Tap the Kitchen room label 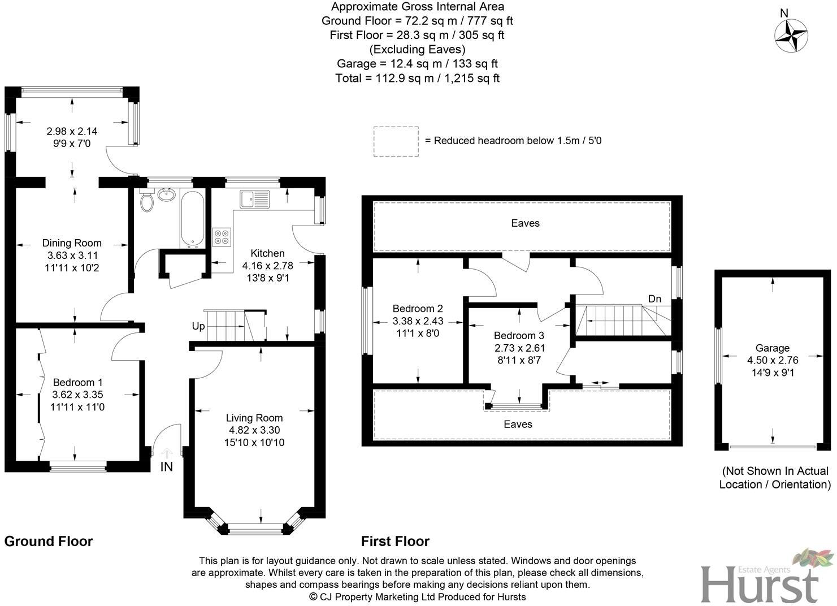pyautogui.click(x=267, y=253)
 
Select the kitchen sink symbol pyautogui.click(x=255, y=200)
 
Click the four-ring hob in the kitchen pyautogui.click(x=221, y=236)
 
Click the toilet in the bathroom pyautogui.click(x=147, y=201)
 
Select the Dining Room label pyautogui.click(x=72, y=243)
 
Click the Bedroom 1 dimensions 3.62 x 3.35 pyautogui.click(x=77, y=395)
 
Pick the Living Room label pyautogui.click(x=254, y=418)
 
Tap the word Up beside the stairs pyautogui.click(x=198, y=327)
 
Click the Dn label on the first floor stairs pyautogui.click(x=654, y=298)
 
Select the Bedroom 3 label pyautogui.click(x=519, y=335)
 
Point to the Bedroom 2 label pyautogui.click(x=418, y=309)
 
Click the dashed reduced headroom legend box pyautogui.click(x=396, y=141)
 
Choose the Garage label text pyautogui.click(x=772, y=348)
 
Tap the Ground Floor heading pyautogui.click(x=49, y=541)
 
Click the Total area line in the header pyautogui.click(x=417, y=78)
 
